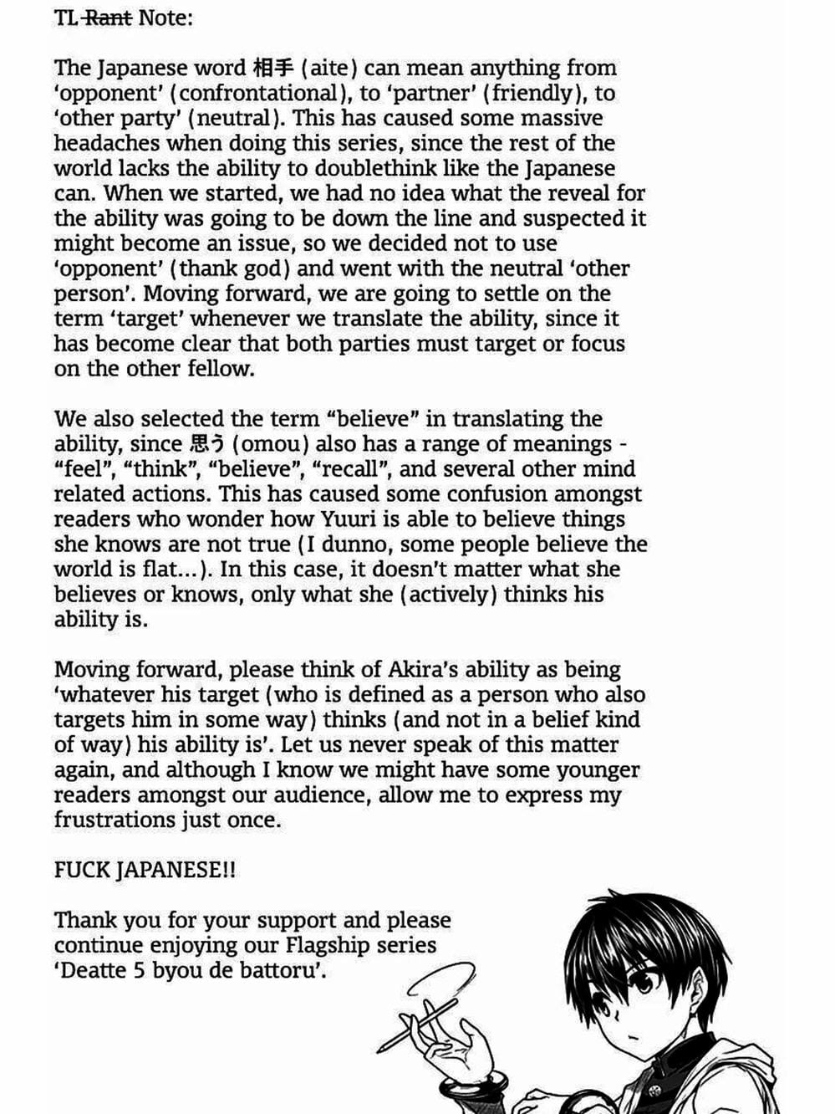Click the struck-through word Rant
click(109, 17)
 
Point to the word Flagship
click(324, 945)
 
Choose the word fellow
click(217, 369)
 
